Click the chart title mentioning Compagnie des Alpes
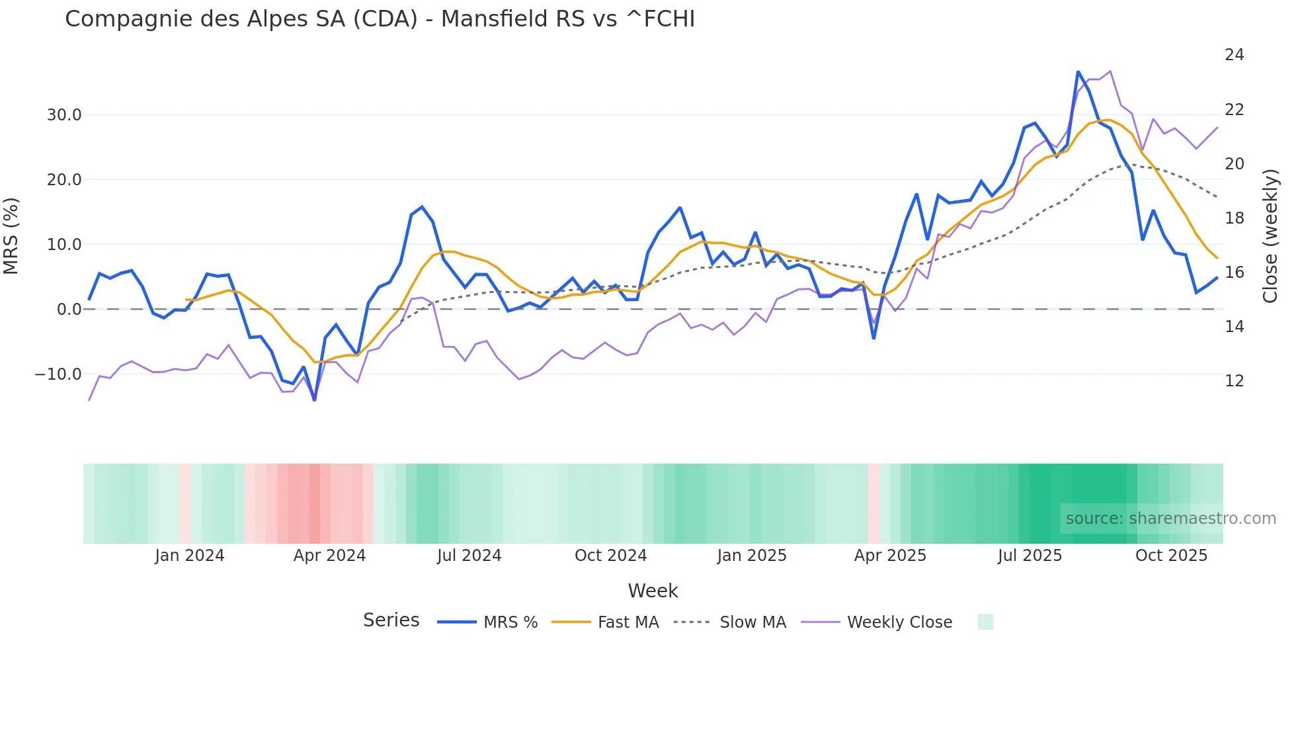click(x=380, y=19)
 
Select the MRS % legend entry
click(x=488, y=622)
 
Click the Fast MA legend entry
click(x=606, y=622)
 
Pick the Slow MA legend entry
click(x=730, y=622)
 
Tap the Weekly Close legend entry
click(x=877, y=622)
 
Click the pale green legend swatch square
click(x=985, y=622)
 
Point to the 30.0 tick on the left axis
click(x=64, y=115)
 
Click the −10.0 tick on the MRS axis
click(x=58, y=374)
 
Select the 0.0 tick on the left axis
click(x=69, y=310)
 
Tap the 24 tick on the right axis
click(x=1234, y=55)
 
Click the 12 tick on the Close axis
click(x=1234, y=381)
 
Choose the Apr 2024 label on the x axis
click(x=329, y=556)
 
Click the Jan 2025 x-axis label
click(x=752, y=556)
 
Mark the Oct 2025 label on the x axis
click(x=1171, y=556)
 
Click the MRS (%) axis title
click(x=11, y=236)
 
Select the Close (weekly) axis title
click(x=1270, y=236)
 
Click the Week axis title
click(x=653, y=591)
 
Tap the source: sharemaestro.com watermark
click(x=1170, y=519)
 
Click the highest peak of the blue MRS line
click(x=1078, y=71)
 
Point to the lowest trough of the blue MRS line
click(x=315, y=400)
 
